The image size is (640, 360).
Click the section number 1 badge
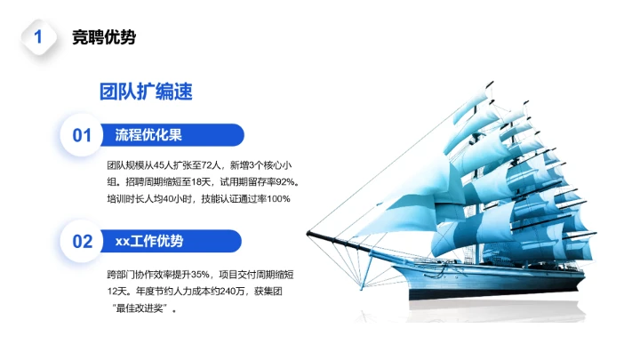click(x=38, y=37)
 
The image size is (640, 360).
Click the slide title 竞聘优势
click(x=104, y=37)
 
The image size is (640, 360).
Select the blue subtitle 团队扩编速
click(x=147, y=92)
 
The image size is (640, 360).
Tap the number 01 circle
click(x=82, y=135)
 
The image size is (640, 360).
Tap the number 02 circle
click(x=82, y=241)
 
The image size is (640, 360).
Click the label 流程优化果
click(x=148, y=135)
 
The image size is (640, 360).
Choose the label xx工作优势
click(x=149, y=241)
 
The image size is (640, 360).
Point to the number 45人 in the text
click(x=164, y=164)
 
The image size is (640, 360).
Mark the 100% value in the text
click(x=278, y=198)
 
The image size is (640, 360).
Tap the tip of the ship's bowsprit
click(x=310, y=233)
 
